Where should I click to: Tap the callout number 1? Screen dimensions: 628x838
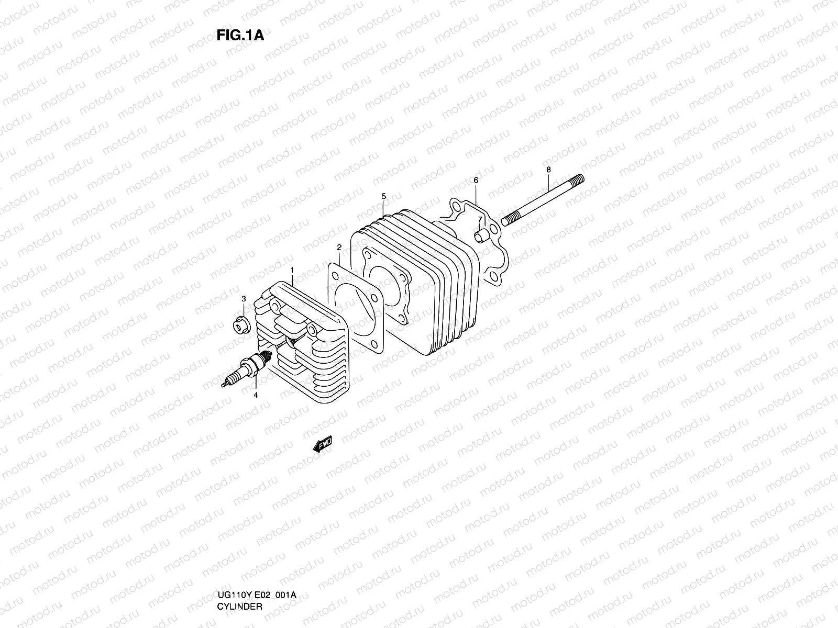click(292, 270)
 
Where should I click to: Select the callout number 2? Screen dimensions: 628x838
click(339, 247)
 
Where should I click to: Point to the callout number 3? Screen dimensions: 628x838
click(244, 299)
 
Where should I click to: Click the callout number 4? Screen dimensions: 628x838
click(256, 395)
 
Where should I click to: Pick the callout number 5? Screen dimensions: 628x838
click(383, 196)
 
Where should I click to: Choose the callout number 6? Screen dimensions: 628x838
click(476, 180)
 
